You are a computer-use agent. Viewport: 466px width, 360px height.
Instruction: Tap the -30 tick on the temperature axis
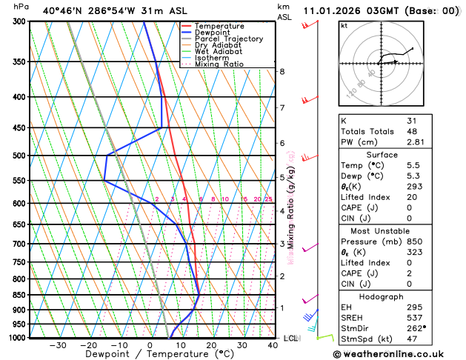coord(58,345)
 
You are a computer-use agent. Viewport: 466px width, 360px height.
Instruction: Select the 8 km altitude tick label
coord(282,71)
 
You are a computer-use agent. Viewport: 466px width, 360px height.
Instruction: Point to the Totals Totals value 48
coord(412,131)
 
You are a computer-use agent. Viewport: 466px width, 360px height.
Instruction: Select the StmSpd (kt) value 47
coord(412,340)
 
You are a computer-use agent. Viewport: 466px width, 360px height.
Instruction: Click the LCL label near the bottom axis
coord(290,338)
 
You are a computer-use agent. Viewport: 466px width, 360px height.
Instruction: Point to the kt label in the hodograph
coord(344,25)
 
